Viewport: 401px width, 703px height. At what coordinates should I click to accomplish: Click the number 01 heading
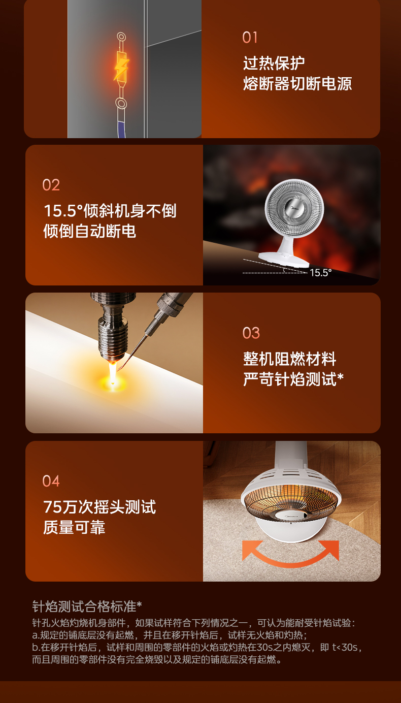click(x=250, y=38)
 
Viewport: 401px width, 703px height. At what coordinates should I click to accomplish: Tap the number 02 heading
click(x=51, y=185)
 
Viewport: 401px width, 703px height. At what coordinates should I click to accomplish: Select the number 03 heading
click(x=251, y=333)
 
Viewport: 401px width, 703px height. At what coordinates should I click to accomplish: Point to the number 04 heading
click(x=51, y=481)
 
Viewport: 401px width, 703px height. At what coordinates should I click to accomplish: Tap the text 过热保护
click(x=274, y=63)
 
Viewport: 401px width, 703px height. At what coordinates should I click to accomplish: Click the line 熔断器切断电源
click(x=297, y=83)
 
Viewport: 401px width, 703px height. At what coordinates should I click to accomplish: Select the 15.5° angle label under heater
click(x=320, y=272)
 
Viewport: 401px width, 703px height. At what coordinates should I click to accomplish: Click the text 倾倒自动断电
click(x=89, y=231)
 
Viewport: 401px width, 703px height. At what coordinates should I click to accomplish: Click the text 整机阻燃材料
click(x=289, y=359)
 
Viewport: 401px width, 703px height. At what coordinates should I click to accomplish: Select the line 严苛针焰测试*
click(x=293, y=379)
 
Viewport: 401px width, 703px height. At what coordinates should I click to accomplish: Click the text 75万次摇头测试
click(x=99, y=506)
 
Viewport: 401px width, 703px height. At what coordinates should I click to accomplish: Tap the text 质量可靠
click(x=74, y=527)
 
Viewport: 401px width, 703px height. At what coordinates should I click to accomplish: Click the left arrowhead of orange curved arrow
click(x=251, y=549)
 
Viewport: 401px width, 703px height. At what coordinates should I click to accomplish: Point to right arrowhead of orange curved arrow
click(x=330, y=549)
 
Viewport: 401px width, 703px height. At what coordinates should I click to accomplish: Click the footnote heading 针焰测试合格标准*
click(x=87, y=606)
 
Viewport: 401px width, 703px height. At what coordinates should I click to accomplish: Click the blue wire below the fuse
click(x=122, y=129)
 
